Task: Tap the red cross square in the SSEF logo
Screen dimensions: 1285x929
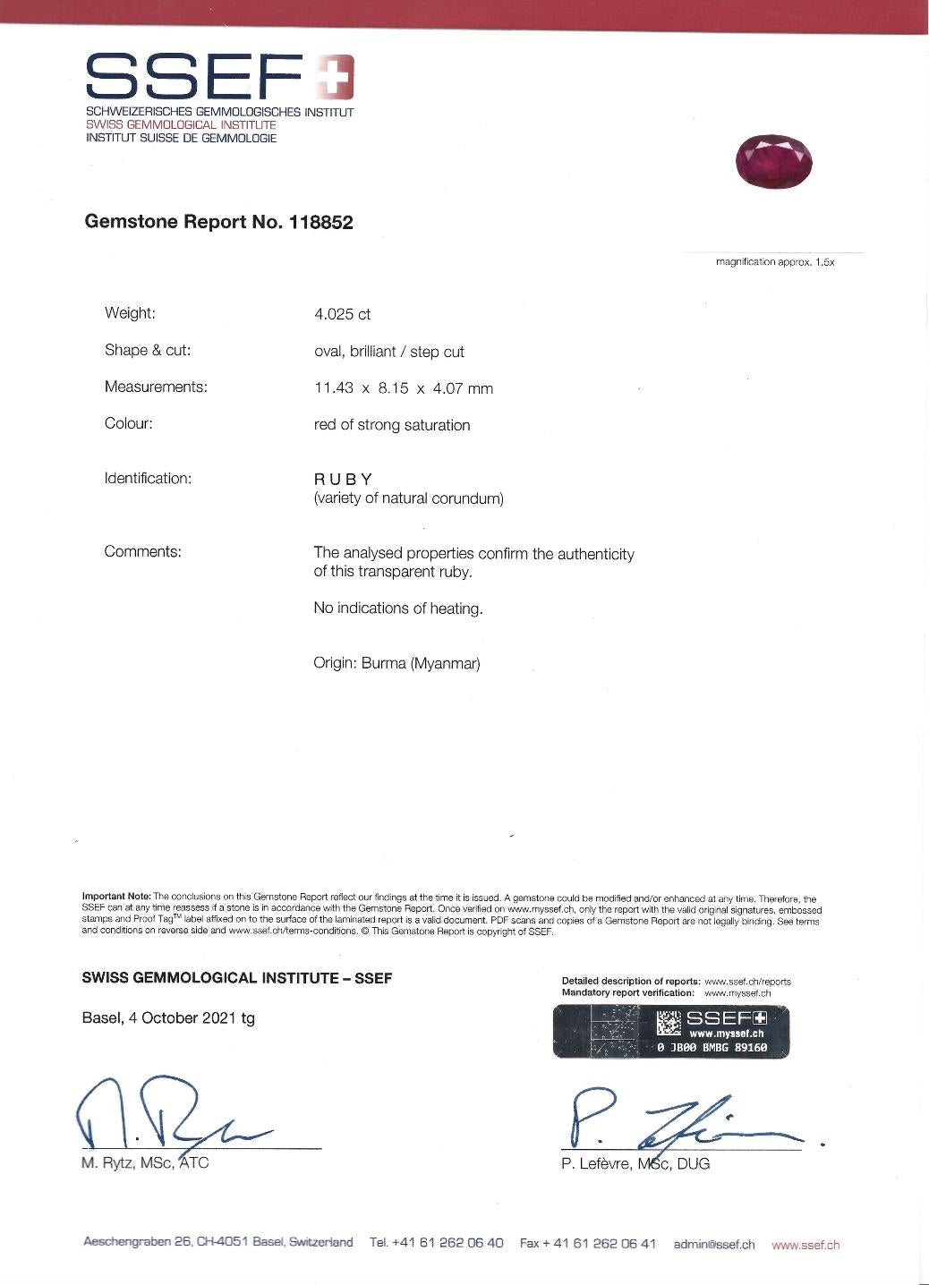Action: pyautogui.click(x=335, y=77)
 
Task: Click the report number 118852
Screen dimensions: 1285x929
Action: pyautogui.click(x=320, y=223)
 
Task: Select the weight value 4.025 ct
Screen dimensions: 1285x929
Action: pyautogui.click(x=342, y=314)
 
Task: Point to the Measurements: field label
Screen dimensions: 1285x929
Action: pyautogui.click(x=156, y=387)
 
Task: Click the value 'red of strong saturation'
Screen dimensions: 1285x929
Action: pyautogui.click(x=391, y=425)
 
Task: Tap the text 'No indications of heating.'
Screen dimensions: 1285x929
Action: pyautogui.click(x=397, y=608)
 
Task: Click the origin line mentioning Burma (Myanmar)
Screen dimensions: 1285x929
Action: pyautogui.click(x=396, y=664)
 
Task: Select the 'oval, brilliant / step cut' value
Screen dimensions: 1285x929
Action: pyautogui.click(x=388, y=352)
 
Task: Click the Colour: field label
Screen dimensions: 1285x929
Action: pyautogui.click(x=129, y=423)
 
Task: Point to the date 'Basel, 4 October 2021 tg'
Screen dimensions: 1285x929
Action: pyautogui.click(x=168, y=1017)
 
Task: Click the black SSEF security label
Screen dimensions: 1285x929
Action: pyautogui.click(x=671, y=1031)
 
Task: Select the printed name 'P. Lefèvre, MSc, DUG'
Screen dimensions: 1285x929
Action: pyautogui.click(x=635, y=1163)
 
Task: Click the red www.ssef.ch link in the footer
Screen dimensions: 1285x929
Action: pyautogui.click(x=805, y=1244)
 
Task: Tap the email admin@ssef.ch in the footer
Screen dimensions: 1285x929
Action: pyautogui.click(x=713, y=1244)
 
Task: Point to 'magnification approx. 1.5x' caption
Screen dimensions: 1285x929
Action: pyautogui.click(x=775, y=262)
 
